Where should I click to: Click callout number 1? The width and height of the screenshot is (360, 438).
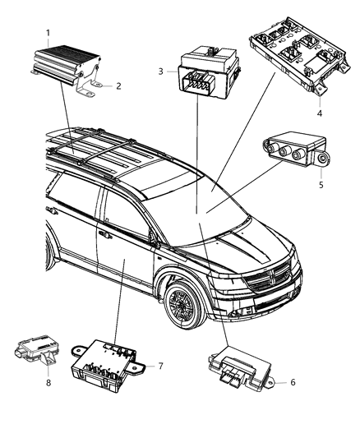click(x=48, y=33)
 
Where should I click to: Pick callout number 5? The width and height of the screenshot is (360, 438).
click(x=321, y=184)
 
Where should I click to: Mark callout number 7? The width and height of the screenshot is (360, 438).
click(x=162, y=365)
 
